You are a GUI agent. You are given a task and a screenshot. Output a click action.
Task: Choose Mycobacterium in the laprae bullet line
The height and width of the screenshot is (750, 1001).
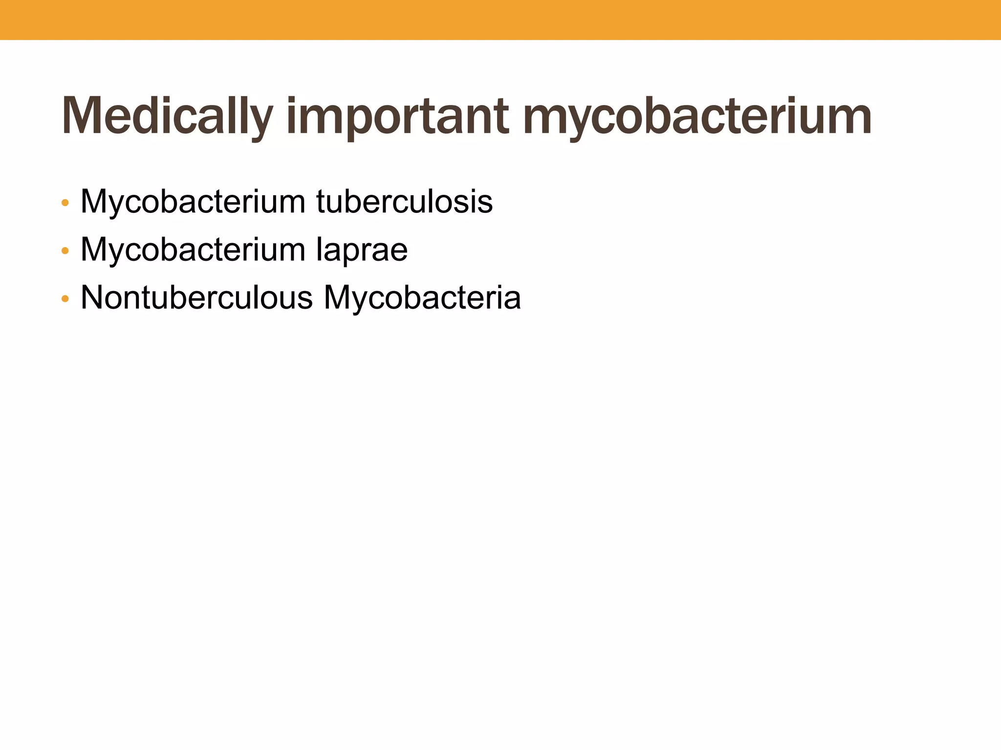pos(193,250)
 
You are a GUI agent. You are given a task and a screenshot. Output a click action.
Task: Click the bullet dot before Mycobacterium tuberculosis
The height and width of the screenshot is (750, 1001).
pos(65,203)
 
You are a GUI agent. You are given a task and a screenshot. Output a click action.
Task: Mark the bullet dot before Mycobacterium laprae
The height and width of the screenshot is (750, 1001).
pos(65,251)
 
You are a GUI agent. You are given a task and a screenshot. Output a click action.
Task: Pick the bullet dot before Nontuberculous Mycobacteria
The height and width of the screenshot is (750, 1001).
pos(65,298)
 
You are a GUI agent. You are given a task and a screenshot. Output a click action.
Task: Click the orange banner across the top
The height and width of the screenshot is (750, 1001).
pos(500,20)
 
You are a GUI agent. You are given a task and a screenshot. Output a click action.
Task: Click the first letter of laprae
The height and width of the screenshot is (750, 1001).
pos(319,249)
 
